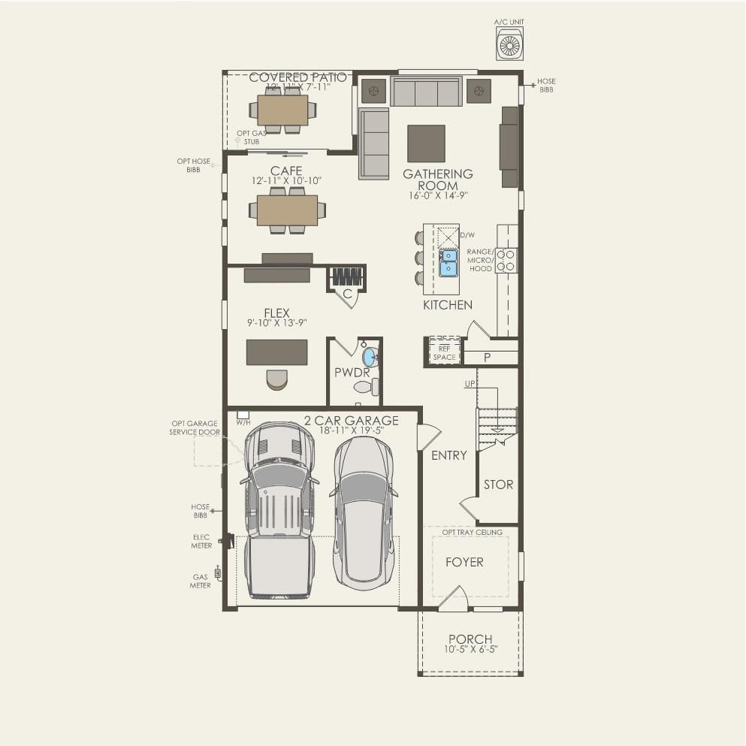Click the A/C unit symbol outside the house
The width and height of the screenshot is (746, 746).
[510, 46]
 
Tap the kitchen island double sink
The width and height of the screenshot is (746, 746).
[448, 263]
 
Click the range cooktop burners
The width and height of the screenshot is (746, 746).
[506, 260]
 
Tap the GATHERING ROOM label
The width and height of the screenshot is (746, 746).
[438, 180]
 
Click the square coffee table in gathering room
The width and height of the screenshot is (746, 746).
[426, 143]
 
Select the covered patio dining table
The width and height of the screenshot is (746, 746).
[283, 110]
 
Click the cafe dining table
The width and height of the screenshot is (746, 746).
[287, 210]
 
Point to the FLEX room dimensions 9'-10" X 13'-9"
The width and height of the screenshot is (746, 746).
[276, 323]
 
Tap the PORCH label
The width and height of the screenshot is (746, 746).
[470, 639]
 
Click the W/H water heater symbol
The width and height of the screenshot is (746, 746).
[243, 415]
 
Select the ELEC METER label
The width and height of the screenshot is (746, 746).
[201, 541]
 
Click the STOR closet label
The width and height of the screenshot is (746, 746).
[498, 485]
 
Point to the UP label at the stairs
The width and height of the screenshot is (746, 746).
[470, 384]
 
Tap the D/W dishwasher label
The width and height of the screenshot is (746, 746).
[467, 235]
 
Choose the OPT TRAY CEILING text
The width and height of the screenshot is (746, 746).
[472, 533]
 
